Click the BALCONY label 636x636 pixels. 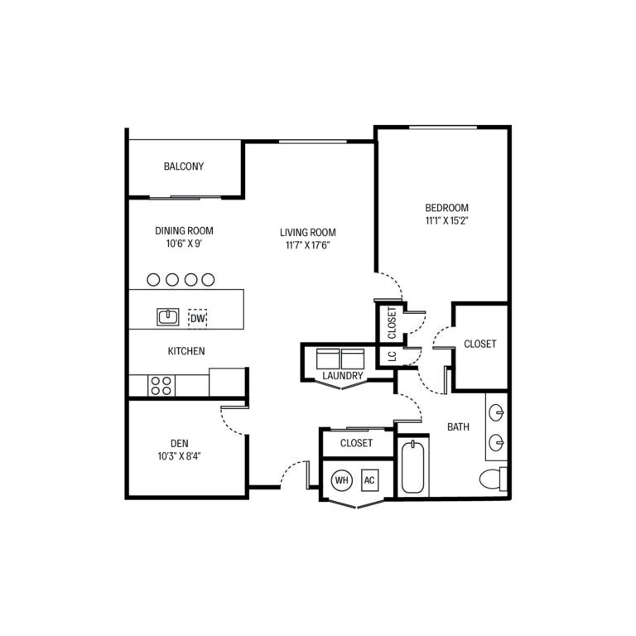pyautogui.click(x=183, y=166)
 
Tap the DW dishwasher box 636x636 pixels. pyautogui.click(x=198, y=317)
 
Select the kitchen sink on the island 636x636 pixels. pyautogui.click(x=168, y=316)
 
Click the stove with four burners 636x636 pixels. pyautogui.click(x=161, y=385)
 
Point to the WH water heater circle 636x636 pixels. pyautogui.click(x=341, y=479)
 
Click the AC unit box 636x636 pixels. pyautogui.click(x=369, y=479)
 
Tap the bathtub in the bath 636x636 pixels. pyautogui.click(x=412, y=468)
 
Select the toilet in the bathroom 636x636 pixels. pyautogui.click(x=493, y=479)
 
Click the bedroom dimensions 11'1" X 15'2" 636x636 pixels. pyautogui.click(x=446, y=221)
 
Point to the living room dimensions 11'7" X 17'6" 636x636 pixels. pyautogui.click(x=307, y=244)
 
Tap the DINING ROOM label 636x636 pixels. pyautogui.click(x=184, y=231)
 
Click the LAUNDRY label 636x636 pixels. pyautogui.click(x=343, y=376)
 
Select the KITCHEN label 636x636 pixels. pyautogui.click(x=186, y=351)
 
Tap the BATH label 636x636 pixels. pyautogui.click(x=458, y=427)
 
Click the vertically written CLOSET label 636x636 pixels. pyautogui.click(x=392, y=323)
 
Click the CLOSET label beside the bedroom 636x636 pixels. pyautogui.click(x=479, y=344)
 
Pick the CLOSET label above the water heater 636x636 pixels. pyautogui.click(x=356, y=443)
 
